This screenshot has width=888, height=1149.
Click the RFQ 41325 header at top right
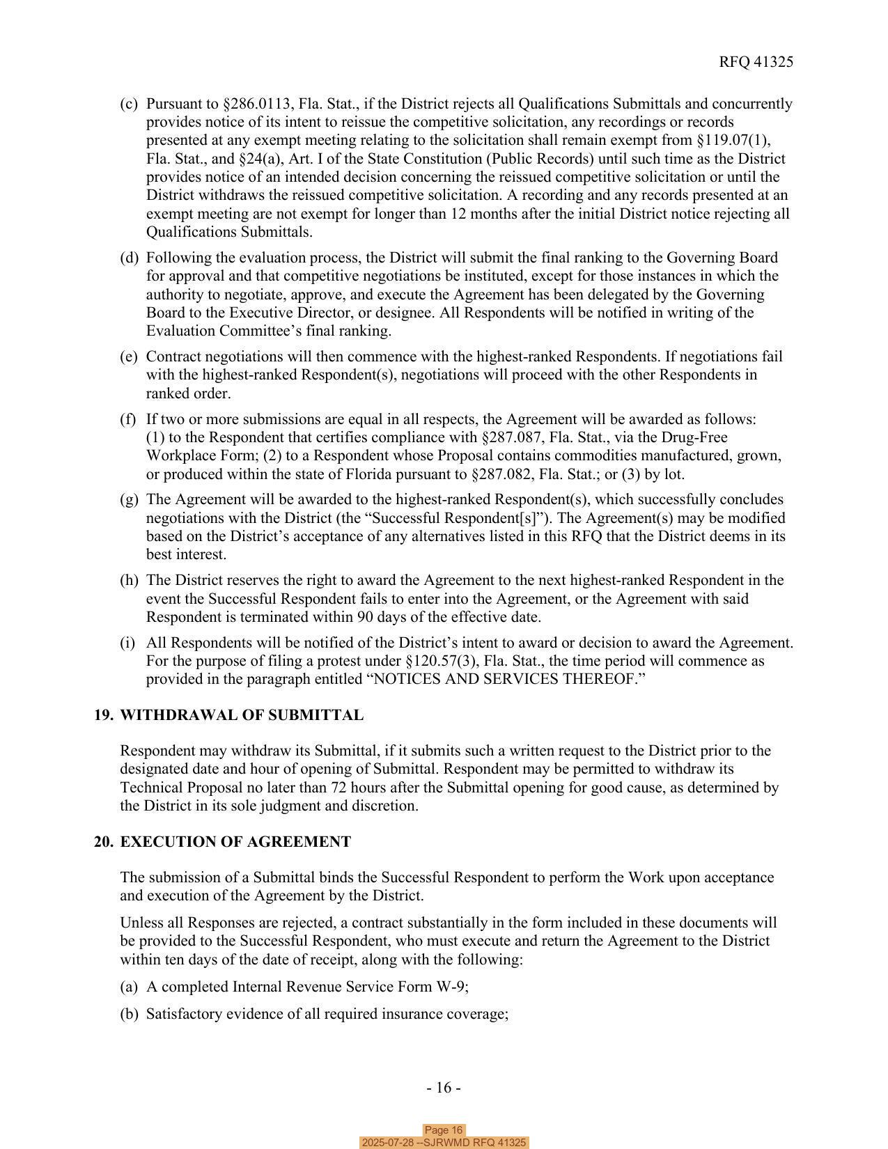[x=756, y=62]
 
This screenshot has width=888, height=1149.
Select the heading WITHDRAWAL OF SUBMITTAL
[x=242, y=715]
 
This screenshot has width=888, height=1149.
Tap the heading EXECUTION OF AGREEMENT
[x=235, y=842]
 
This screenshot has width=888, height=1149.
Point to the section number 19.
[x=104, y=715]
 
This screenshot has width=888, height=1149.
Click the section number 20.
[x=104, y=842]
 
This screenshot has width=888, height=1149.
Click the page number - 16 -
[x=444, y=1088]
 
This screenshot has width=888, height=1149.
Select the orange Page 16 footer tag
[x=444, y=1130]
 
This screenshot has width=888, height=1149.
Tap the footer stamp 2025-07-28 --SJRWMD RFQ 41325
[x=444, y=1143]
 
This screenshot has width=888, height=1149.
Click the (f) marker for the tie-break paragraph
[x=128, y=419]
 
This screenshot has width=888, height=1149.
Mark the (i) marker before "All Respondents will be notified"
[x=128, y=643]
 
